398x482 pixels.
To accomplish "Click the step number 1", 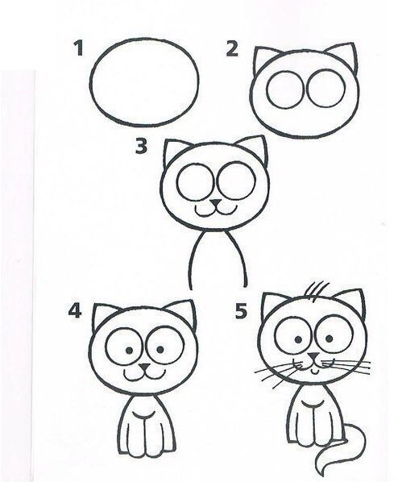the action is pyautogui.click(x=79, y=48).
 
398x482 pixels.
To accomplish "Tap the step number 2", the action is pyautogui.click(x=232, y=49).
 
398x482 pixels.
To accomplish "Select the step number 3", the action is pyautogui.click(x=141, y=146).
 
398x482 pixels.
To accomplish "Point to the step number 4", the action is pyautogui.click(x=75, y=311).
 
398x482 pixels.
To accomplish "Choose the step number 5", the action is pyautogui.click(x=241, y=311).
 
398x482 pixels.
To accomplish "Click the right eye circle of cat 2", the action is pyautogui.click(x=325, y=70).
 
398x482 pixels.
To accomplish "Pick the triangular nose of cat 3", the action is pyautogui.click(x=216, y=203).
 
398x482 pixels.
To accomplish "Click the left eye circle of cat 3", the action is pyautogui.click(x=196, y=165).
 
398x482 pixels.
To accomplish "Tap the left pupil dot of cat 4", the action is pyautogui.click(x=130, y=350).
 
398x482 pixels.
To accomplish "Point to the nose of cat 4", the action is pyautogui.click(x=144, y=367).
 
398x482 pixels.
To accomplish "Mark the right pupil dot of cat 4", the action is pyautogui.click(x=160, y=349).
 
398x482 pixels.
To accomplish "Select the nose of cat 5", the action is pyautogui.click(x=313, y=356).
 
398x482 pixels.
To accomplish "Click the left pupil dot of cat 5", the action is pyautogui.click(x=298, y=339).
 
